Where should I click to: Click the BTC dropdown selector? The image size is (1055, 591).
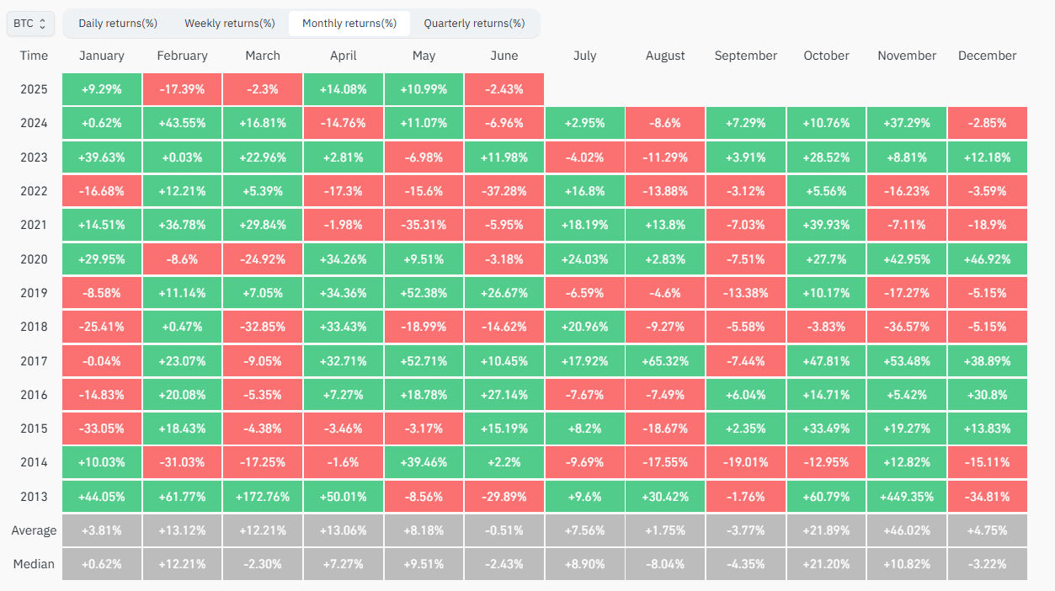[x=31, y=24]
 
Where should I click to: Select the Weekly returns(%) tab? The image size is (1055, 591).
[x=229, y=24]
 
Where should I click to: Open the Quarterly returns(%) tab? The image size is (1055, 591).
[x=473, y=24]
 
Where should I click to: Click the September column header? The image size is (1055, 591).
[x=745, y=56]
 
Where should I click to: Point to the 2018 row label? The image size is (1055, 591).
[x=35, y=327]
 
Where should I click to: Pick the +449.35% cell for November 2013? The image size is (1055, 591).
[x=906, y=496]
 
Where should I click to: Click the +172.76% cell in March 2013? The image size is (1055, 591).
[x=263, y=496]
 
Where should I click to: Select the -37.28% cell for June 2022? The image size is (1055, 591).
[x=504, y=191]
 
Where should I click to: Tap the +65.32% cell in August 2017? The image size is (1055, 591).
[x=664, y=360]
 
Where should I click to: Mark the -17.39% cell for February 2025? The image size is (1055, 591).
[x=182, y=89]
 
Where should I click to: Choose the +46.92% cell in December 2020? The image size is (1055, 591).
[x=987, y=258]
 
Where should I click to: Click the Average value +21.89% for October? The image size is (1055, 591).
[x=825, y=530]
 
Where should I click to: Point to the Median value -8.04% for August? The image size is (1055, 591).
[x=664, y=564]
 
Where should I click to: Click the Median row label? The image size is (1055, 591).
[x=35, y=564]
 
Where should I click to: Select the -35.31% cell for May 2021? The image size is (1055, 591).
[x=424, y=225]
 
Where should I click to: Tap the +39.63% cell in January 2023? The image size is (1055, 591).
[x=102, y=157]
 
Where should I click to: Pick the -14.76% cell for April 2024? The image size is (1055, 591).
[x=343, y=123]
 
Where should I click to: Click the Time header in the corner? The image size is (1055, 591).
[x=35, y=56]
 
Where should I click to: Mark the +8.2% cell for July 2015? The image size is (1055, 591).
[x=584, y=429]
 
